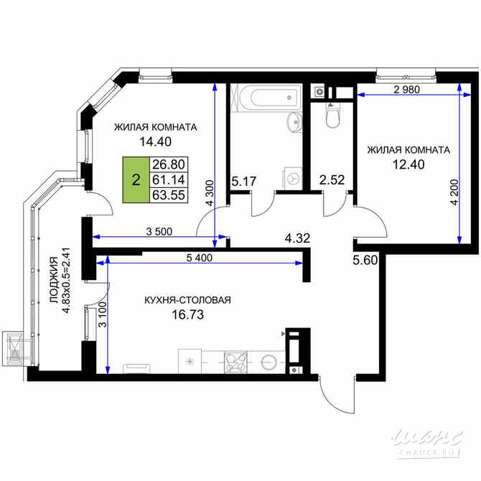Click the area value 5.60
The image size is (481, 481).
coord(364,261)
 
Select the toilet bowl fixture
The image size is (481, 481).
coord(332,118)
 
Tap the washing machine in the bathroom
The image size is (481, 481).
coord(292,176)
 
